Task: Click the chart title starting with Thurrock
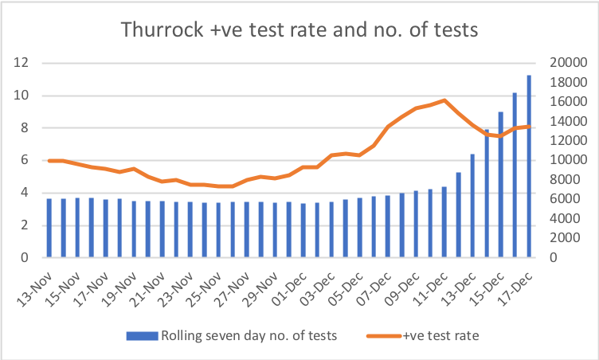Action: point(299,31)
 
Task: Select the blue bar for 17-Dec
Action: point(529,167)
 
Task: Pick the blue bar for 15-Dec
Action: point(501,185)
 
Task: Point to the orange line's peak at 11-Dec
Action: point(444,100)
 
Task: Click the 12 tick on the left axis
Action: point(24,63)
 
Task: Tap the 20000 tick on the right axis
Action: point(566,63)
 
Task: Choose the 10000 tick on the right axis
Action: point(566,161)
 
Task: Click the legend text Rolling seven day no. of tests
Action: point(249,335)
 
